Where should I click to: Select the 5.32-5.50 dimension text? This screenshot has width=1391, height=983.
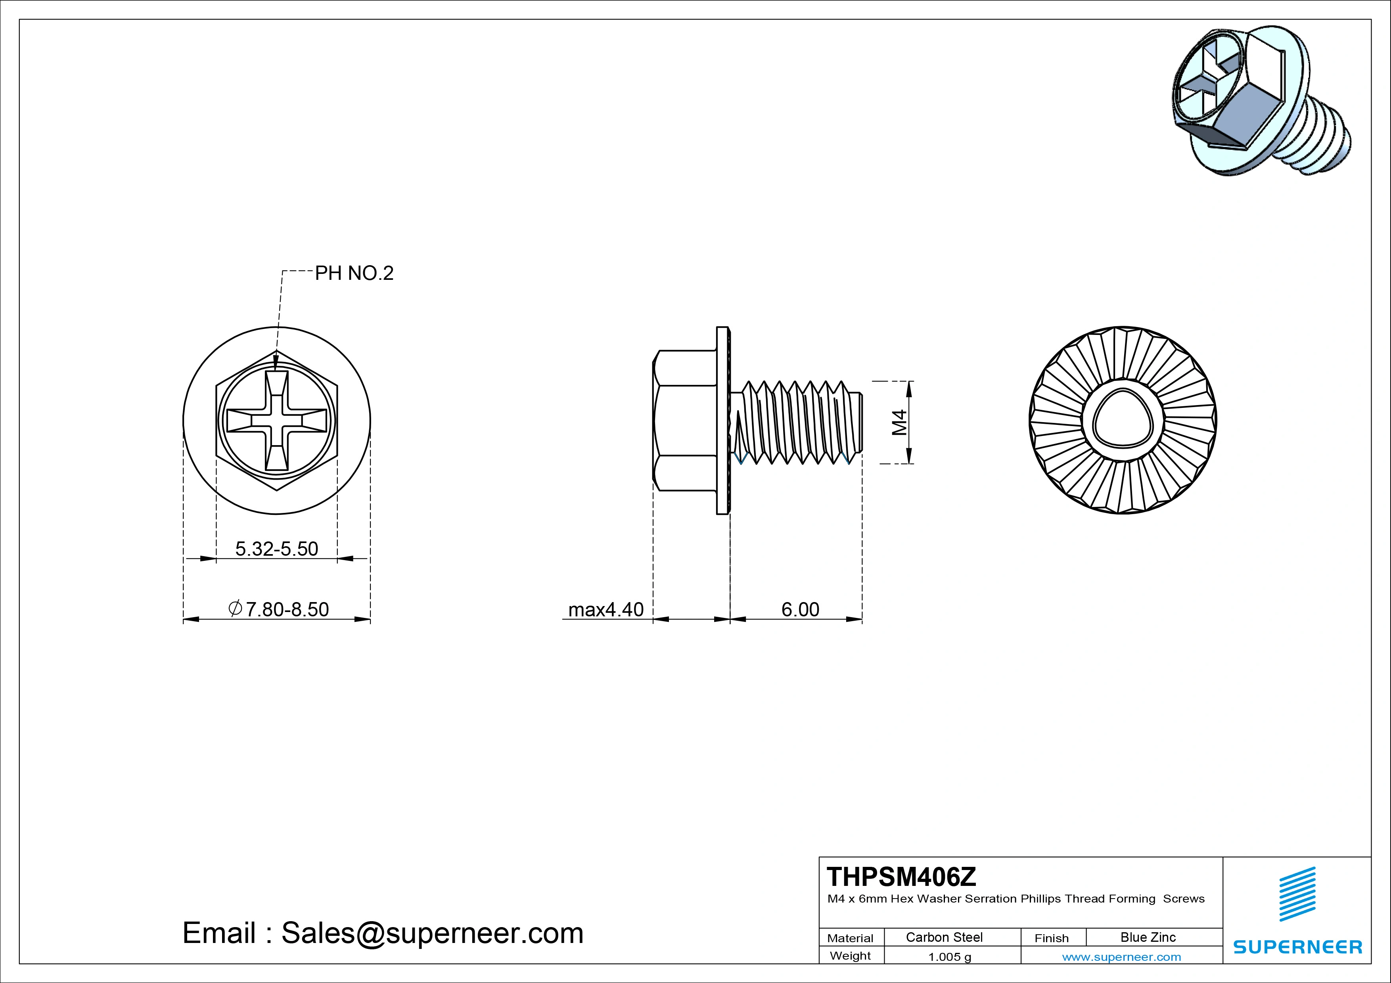tap(276, 549)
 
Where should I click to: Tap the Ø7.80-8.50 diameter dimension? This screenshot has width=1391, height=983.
tap(279, 609)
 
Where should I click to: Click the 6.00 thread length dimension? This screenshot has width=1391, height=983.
tap(800, 609)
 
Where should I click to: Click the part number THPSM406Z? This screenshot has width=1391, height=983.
tap(901, 876)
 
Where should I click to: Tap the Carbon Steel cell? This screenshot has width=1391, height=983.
tap(944, 937)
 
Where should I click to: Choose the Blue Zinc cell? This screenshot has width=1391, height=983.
tap(1148, 937)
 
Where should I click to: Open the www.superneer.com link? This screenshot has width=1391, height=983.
tap(1121, 957)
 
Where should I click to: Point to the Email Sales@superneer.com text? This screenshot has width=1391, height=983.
tap(383, 933)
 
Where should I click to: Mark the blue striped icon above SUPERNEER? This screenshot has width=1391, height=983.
tap(1297, 894)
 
